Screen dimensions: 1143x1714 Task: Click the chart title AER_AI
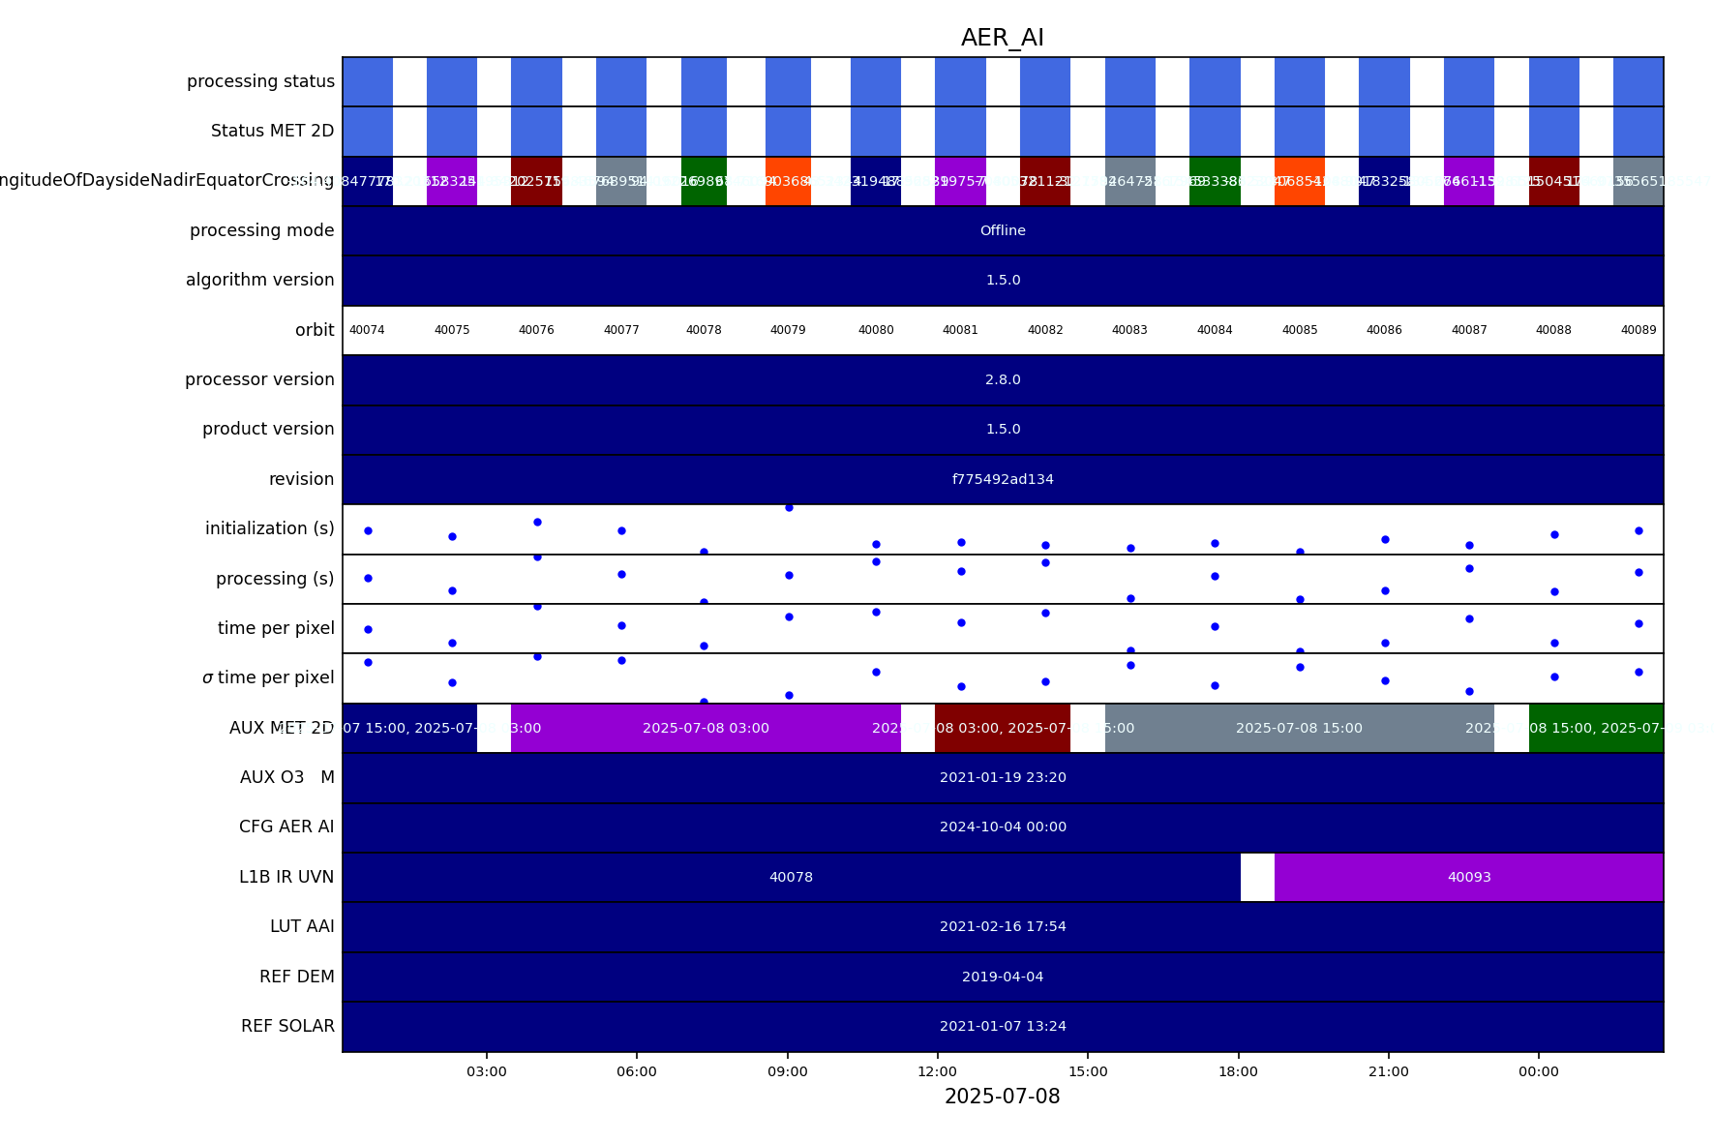(x=1002, y=39)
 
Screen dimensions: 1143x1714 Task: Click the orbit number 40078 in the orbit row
(x=704, y=330)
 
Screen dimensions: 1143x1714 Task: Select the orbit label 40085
(x=1300, y=330)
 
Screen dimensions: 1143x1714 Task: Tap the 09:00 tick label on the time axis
(x=787, y=1071)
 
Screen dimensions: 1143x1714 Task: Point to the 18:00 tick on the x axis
(x=1238, y=1071)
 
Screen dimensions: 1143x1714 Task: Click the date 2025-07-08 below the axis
(x=1002, y=1097)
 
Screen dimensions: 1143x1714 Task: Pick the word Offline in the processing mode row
(x=1003, y=230)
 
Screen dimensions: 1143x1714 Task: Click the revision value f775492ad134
(x=1003, y=479)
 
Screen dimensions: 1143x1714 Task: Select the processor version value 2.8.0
(x=1003, y=379)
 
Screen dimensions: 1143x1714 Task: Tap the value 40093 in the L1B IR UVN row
(x=1469, y=877)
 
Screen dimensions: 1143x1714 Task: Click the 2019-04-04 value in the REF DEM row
(x=1003, y=977)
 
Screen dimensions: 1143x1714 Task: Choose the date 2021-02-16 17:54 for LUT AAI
(x=1003, y=926)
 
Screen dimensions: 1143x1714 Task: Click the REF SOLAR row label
(x=287, y=1026)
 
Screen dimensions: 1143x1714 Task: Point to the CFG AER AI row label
(x=286, y=827)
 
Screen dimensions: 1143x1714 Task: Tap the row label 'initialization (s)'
(x=269, y=528)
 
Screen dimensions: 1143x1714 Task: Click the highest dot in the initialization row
(x=789, y=507)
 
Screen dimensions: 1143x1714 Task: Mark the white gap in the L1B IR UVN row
(x=1257, y=877)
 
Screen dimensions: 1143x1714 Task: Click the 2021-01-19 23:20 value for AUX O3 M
(x=1003, y=777)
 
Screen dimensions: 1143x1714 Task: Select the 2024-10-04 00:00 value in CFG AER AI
(x=1003, y=827)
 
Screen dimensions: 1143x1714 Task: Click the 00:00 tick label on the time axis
(x=1538, y=1071)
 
